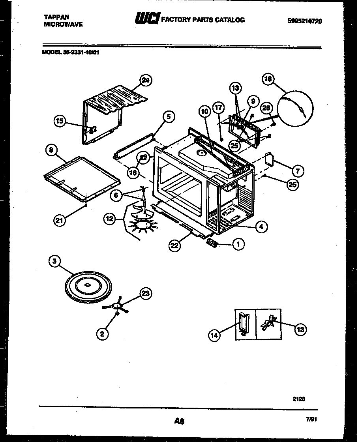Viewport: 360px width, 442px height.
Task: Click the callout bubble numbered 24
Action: pos(146,81)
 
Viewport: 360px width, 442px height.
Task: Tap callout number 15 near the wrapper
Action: pos(60,122)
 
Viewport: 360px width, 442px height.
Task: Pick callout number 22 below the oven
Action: pos(175,245)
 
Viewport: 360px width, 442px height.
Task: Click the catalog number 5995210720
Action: pos(305,22)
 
